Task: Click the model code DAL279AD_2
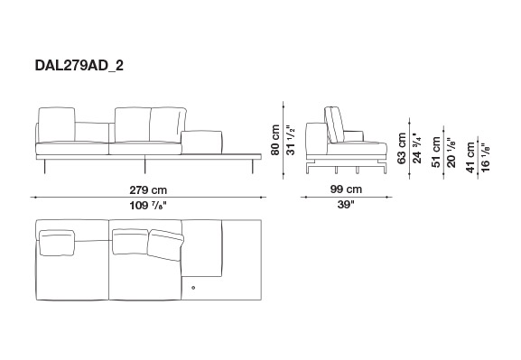[x=79, y=66]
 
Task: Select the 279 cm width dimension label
[x=148, y=190]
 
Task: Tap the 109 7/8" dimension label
[x=147, y=206]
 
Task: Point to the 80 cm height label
[x=275, y=140]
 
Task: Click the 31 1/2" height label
[x=291, y=141]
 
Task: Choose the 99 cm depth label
[x=346, y=189]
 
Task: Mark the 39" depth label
[x=346, y=205]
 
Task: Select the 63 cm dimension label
[x=402, y=148]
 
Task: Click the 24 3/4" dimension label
[x=416, y=148]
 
